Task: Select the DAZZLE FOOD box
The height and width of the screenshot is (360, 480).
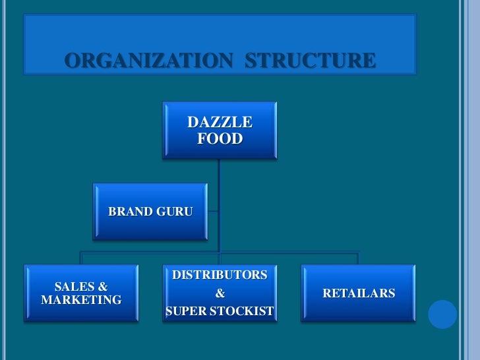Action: tap(220, 131)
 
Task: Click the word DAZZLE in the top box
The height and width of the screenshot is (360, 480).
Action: tap(220, 122)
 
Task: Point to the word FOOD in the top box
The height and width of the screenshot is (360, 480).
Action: tap(220, 139)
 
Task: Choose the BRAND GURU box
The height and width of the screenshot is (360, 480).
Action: tap(150, 212)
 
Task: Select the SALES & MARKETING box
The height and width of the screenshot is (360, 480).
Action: tap(81, 293)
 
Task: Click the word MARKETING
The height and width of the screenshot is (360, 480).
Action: tap(81, 301)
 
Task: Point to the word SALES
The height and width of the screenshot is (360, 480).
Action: tap(74, 287)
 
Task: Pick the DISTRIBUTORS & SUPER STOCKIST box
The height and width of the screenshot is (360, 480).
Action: tap(220, 293)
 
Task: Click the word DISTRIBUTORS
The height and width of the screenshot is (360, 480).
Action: tap(220, 275)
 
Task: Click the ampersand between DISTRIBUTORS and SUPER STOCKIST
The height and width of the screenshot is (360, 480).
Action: tap(220, 293)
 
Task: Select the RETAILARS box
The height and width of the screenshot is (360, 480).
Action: tap(358, 293)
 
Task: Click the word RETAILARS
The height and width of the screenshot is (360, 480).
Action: tap(358, 293)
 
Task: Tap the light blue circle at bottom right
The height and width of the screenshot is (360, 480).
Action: tap(442, 315)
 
